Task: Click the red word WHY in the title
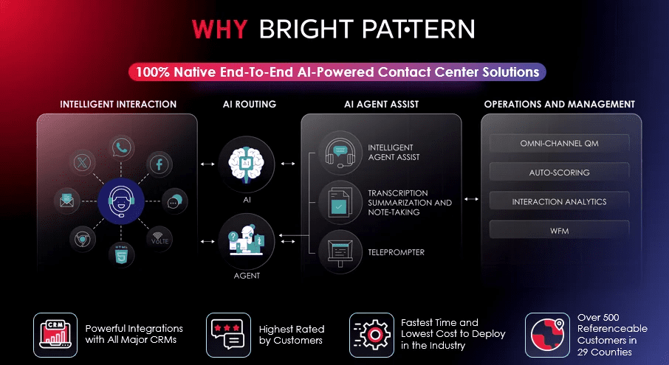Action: click(x=219, y=29)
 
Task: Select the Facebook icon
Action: click(x=159, y=164)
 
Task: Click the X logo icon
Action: click(x=83, y=162)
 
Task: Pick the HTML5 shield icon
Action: click(x=122, y=254)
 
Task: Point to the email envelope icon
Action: click(x=67, y=200)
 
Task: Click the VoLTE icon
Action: click(x=159, y=239)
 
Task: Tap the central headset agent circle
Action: click(x=121, y=201)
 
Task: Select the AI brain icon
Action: click(x=247, y=164)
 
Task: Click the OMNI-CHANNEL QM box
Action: click(x=559, y=144)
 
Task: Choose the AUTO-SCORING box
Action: click(x=559, y=173)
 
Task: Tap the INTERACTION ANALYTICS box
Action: click(x=559, y=202)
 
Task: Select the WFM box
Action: click(x=559, y=231)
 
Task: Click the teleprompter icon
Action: click(x=340, y=251)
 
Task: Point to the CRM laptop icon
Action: click(x=55, y=336)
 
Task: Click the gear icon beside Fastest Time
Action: click(x=371, y=336)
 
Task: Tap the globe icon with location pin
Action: click(x=547, y=336)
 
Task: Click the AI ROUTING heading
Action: click(x=250, y=105)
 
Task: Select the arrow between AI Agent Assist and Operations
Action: click(x=471, y=199)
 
